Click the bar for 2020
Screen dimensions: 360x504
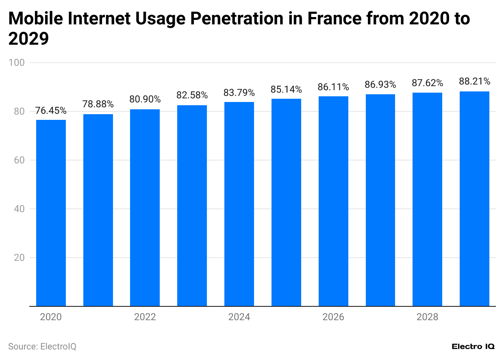51,213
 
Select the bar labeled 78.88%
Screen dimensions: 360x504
98,210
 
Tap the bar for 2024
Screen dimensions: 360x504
239,204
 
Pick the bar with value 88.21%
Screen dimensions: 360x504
474,199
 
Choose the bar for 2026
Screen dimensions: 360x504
333,201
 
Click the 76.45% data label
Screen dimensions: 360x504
51,111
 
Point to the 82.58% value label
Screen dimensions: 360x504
192,95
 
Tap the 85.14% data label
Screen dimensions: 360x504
286,89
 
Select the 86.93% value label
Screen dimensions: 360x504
380,85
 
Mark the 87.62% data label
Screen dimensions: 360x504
427,83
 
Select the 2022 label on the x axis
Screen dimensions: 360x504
145,317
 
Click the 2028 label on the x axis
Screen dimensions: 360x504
427,317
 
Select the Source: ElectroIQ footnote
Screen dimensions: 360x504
42,347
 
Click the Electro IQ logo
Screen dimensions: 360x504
473,347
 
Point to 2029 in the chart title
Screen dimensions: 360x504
28,39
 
